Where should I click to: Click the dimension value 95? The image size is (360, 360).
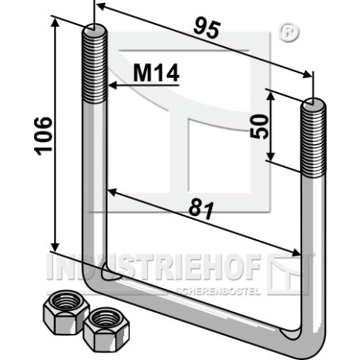(x=207, y=29)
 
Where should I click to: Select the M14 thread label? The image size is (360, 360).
(x=157, y=73)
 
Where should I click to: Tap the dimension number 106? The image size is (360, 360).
(x=43, y=137)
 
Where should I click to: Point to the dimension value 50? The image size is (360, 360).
(x=259, y=126)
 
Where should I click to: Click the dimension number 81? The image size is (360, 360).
(x=201, y=210)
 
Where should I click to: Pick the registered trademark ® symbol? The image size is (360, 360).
(x=289, y=33)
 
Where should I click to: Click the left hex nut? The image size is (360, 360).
(x=66, y=312)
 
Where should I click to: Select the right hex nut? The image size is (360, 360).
(x=106, y=329)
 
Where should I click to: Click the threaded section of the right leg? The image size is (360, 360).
(x=313, y=139)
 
